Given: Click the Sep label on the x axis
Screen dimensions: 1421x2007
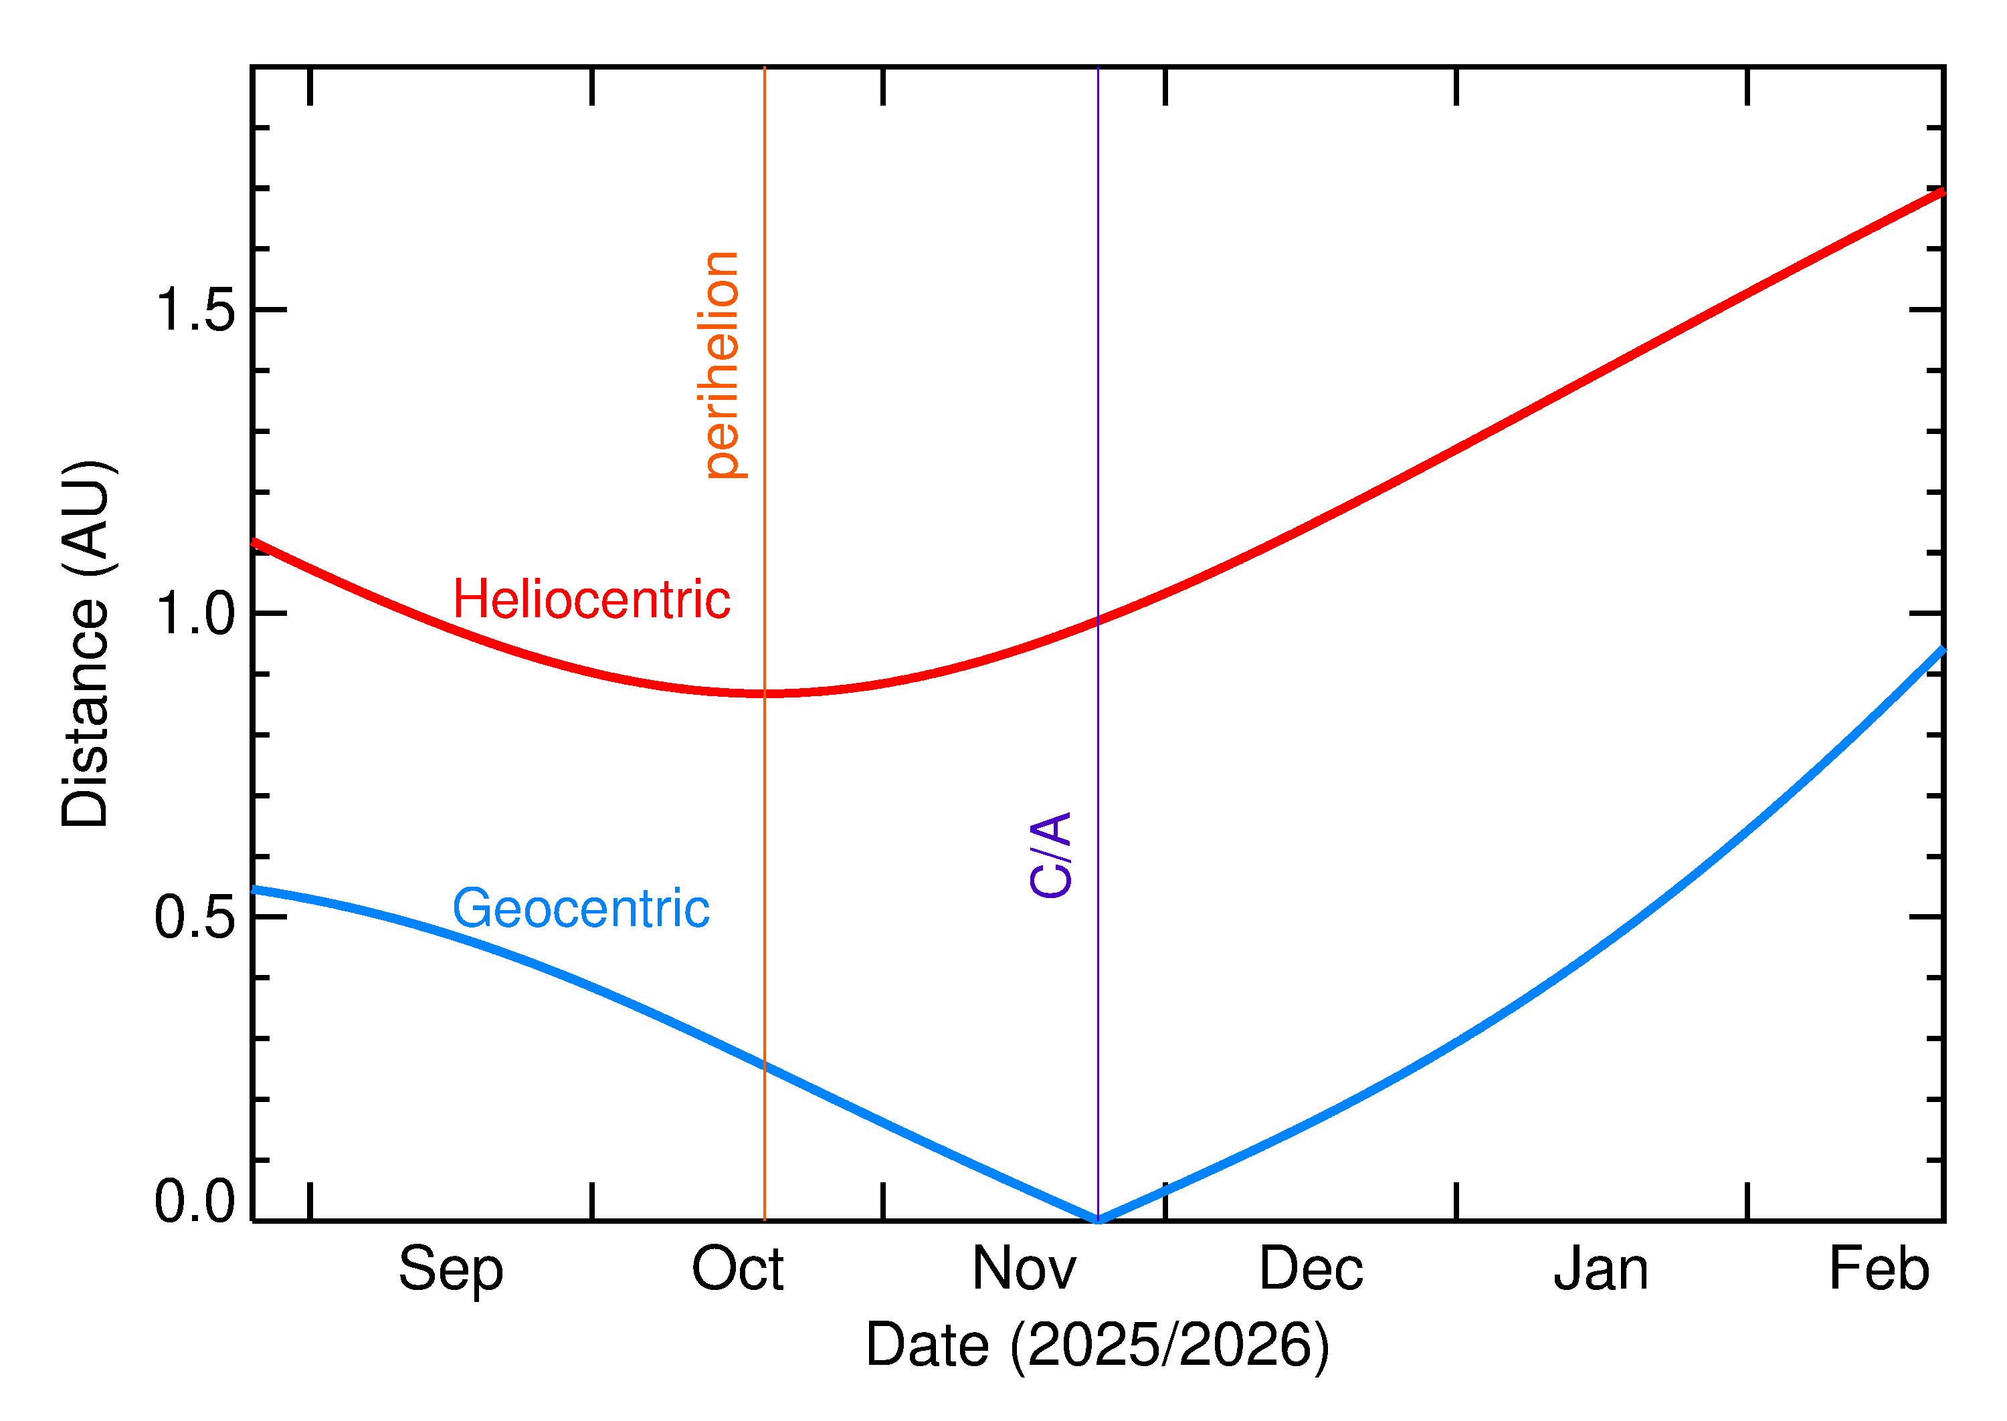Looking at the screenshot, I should click(451, 1270).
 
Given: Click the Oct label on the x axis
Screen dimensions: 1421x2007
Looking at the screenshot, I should click(737, 1270).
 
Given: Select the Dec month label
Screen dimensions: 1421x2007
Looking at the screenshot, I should click(1311, 1270).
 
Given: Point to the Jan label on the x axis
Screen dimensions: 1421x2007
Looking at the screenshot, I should click(1601, 1270).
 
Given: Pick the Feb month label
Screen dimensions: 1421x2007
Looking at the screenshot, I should click(1879, 1270).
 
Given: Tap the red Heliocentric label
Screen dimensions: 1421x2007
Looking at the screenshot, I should click(591, 600).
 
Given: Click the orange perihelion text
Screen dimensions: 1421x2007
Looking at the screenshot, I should click(723, 365).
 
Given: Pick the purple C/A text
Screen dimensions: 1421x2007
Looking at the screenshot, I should click(1051, 855).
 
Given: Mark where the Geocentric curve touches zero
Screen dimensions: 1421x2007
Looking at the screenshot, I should click(1098, 1220).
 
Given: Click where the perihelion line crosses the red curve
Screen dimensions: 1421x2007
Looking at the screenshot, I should click(764, 693).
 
